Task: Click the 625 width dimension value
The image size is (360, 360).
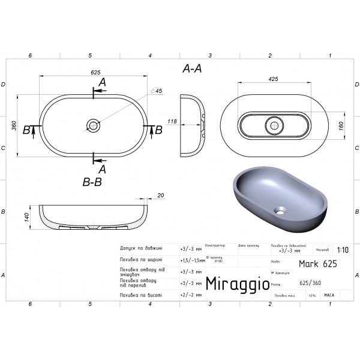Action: [x=95, y=73]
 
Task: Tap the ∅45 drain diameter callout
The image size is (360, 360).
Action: [x=157, y=91]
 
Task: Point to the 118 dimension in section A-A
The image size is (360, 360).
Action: [x=172, y=122]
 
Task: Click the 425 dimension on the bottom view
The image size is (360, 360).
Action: [x=273, y=79]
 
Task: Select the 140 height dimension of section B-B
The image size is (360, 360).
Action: [x=27, y=217]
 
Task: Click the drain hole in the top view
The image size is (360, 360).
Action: [x=93, y=125]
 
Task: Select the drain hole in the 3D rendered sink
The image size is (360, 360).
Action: [x=280, y=211]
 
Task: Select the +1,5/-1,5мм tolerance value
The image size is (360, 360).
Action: [x=191, y=260]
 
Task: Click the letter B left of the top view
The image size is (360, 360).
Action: [x=26, y=130]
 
